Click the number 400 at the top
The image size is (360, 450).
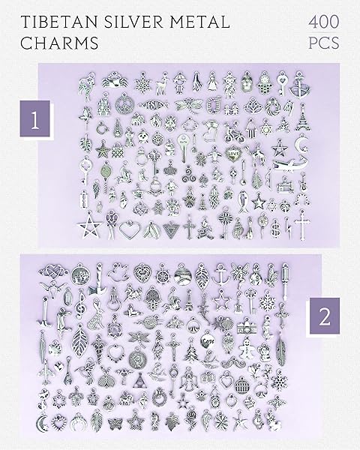coord(324,22)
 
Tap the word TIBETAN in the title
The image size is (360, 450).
coord(60,22)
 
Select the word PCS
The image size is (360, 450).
coord(324,43)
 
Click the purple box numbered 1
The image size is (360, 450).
coord(35,118)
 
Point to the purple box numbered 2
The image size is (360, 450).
coord(325,316)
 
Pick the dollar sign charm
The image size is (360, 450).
coord(275,227)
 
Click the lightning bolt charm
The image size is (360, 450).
coord(288,228)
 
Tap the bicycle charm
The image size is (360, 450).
coord(234,132)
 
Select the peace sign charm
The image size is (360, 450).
coord(124,104)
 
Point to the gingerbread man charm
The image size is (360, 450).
coord(246,347)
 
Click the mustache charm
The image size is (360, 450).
coord(232,362)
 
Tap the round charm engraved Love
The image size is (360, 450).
coord(208,341)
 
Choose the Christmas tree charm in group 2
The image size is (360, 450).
coord(190,352)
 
